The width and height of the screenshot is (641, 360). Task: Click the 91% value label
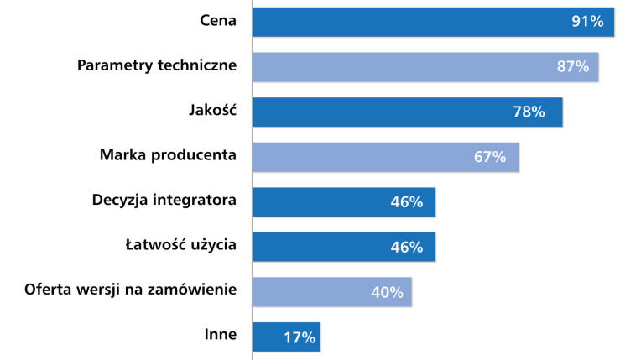pyautogui.click(x=587, y=22)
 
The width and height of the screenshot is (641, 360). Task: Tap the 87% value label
pyautogui.click(x=572, y=67)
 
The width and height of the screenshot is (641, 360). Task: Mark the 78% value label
pyautogui.click(x=529, y=112)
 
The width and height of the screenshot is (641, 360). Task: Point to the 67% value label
pyautogui.click(x=489, y=157)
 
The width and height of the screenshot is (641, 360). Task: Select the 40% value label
pyautogui.click(x=387, y=292)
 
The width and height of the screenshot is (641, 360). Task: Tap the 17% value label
pyautogui.click(x=299, y=337)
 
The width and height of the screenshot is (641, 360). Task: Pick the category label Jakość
pyautogui.click(x=212, y=109)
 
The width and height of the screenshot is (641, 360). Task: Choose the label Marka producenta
pyautogui.click(x=168, y=154)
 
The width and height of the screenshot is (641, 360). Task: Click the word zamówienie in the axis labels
pyautogui.click(x=195, y=290)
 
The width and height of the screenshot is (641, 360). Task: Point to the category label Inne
pyautogui.click(x=220, y=335)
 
